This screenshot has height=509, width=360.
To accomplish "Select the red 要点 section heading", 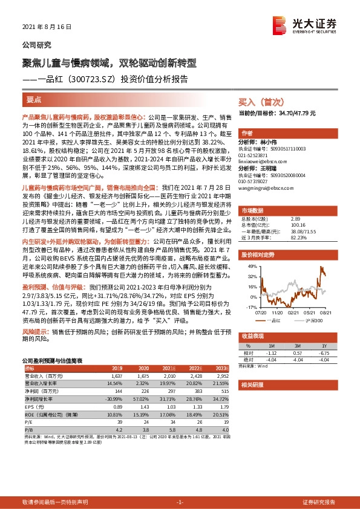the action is tap(34, 99).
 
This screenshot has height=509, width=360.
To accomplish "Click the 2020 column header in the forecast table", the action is tap(143, 368).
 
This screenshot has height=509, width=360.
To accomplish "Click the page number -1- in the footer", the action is tap(179, 502).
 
